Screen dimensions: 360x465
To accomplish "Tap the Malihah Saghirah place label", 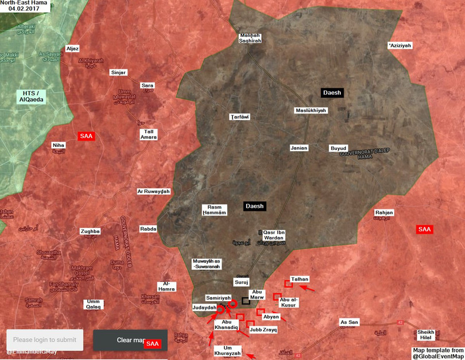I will [x=250, y=38].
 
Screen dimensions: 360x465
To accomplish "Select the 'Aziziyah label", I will [x=400, y=45].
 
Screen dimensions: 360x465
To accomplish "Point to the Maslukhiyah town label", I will [x=311, y=110].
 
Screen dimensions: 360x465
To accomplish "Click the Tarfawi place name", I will [x=239, y=117].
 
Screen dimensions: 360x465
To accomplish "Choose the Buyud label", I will [x=338, y=148].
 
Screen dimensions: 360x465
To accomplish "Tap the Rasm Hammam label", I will [x=215, y=210].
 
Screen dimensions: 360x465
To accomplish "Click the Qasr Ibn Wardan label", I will [x=274, y=235].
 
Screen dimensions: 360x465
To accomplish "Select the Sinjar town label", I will [x=118, y=72].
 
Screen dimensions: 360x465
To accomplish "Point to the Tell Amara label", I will [x=148, y=134].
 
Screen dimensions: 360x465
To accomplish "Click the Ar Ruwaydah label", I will [x=153, y=192].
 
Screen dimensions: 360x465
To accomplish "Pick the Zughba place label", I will [x=90, y=231].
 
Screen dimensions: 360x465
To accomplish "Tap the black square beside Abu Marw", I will [x=246, y=300].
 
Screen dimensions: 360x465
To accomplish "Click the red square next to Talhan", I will [x=288, y=284].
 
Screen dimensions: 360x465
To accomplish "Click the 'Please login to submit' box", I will [x=45, y=340].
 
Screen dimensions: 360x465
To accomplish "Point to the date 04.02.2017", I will [x=24, y=9].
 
